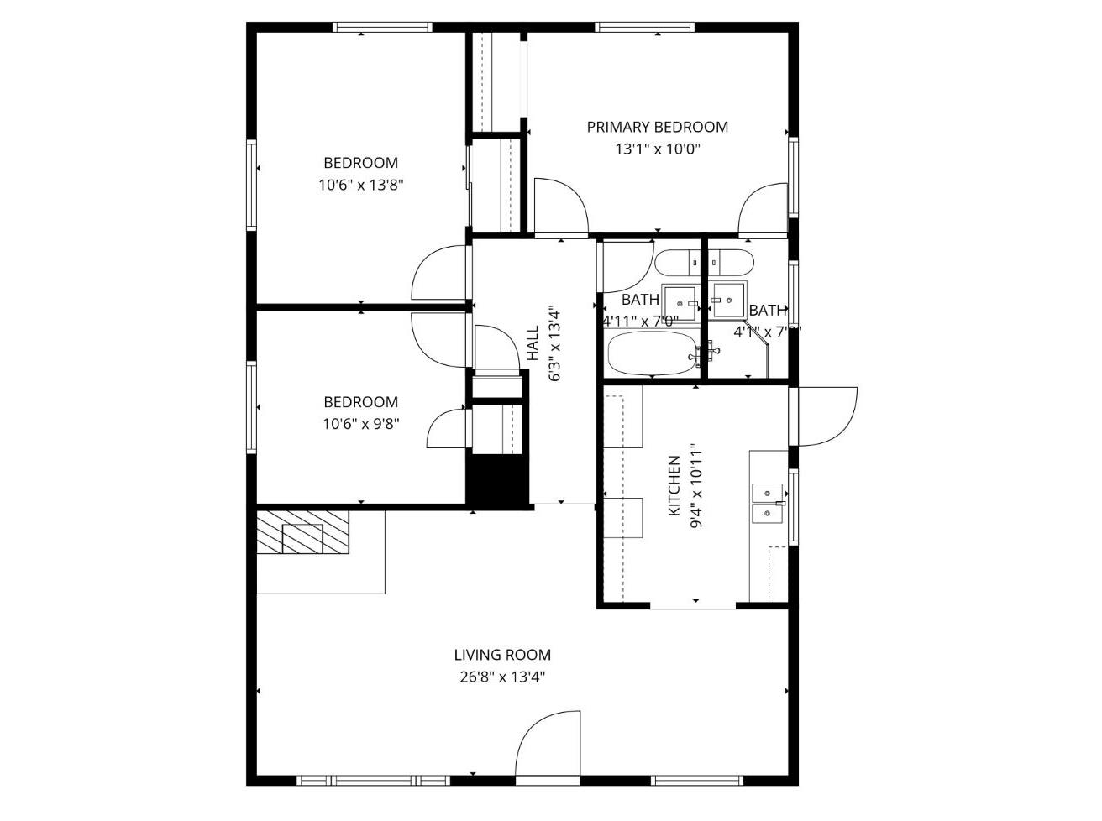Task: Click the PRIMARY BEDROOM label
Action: pyautogui.click(x=657, y=127)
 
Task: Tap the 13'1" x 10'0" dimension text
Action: pyautogui.click(x=657, y=149)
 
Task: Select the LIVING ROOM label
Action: pyautogui.click(x=502, y=655)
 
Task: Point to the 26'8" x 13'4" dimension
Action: pyautogui.click(x=502, y=677)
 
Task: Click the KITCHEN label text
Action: pyautogui.click(x=674, y=486)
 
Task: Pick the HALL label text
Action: pyautogui.click(x=533, y=343)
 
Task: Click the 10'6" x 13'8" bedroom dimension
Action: pyautogui.click(x=361, y=186)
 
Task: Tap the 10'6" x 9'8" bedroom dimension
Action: pyautogui.click(x=361, y=424)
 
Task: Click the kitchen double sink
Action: pyautogui.click(x=767, y=503)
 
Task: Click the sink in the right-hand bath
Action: pyautogui.click(x=728, y=299)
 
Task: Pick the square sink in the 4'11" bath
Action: pyautogui.click(x=680, y=302)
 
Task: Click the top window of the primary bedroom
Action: pyautogui.click(x=645, y=28)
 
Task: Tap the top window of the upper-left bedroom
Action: pyautogui.click(x=383, y=28)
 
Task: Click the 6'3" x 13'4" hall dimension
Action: pyautogui.click(x=554, y=343)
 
